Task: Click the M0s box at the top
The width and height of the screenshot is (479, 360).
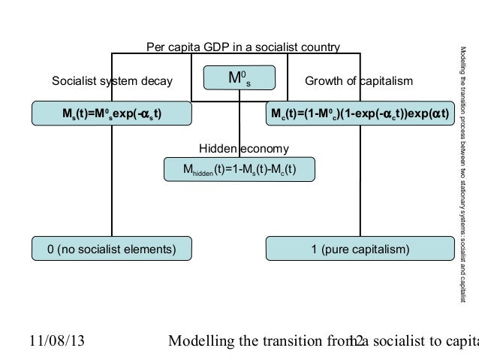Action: coord(239,77)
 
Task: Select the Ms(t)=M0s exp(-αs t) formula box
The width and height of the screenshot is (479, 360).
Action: coord(110,114)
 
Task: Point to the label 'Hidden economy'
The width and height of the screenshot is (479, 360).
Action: coord(238,147)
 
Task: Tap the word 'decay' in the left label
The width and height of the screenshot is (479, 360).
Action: coord(156,81)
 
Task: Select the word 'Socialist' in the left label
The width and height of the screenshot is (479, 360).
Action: coord(74,81)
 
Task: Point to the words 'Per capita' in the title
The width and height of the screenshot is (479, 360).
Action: coord(173,48)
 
